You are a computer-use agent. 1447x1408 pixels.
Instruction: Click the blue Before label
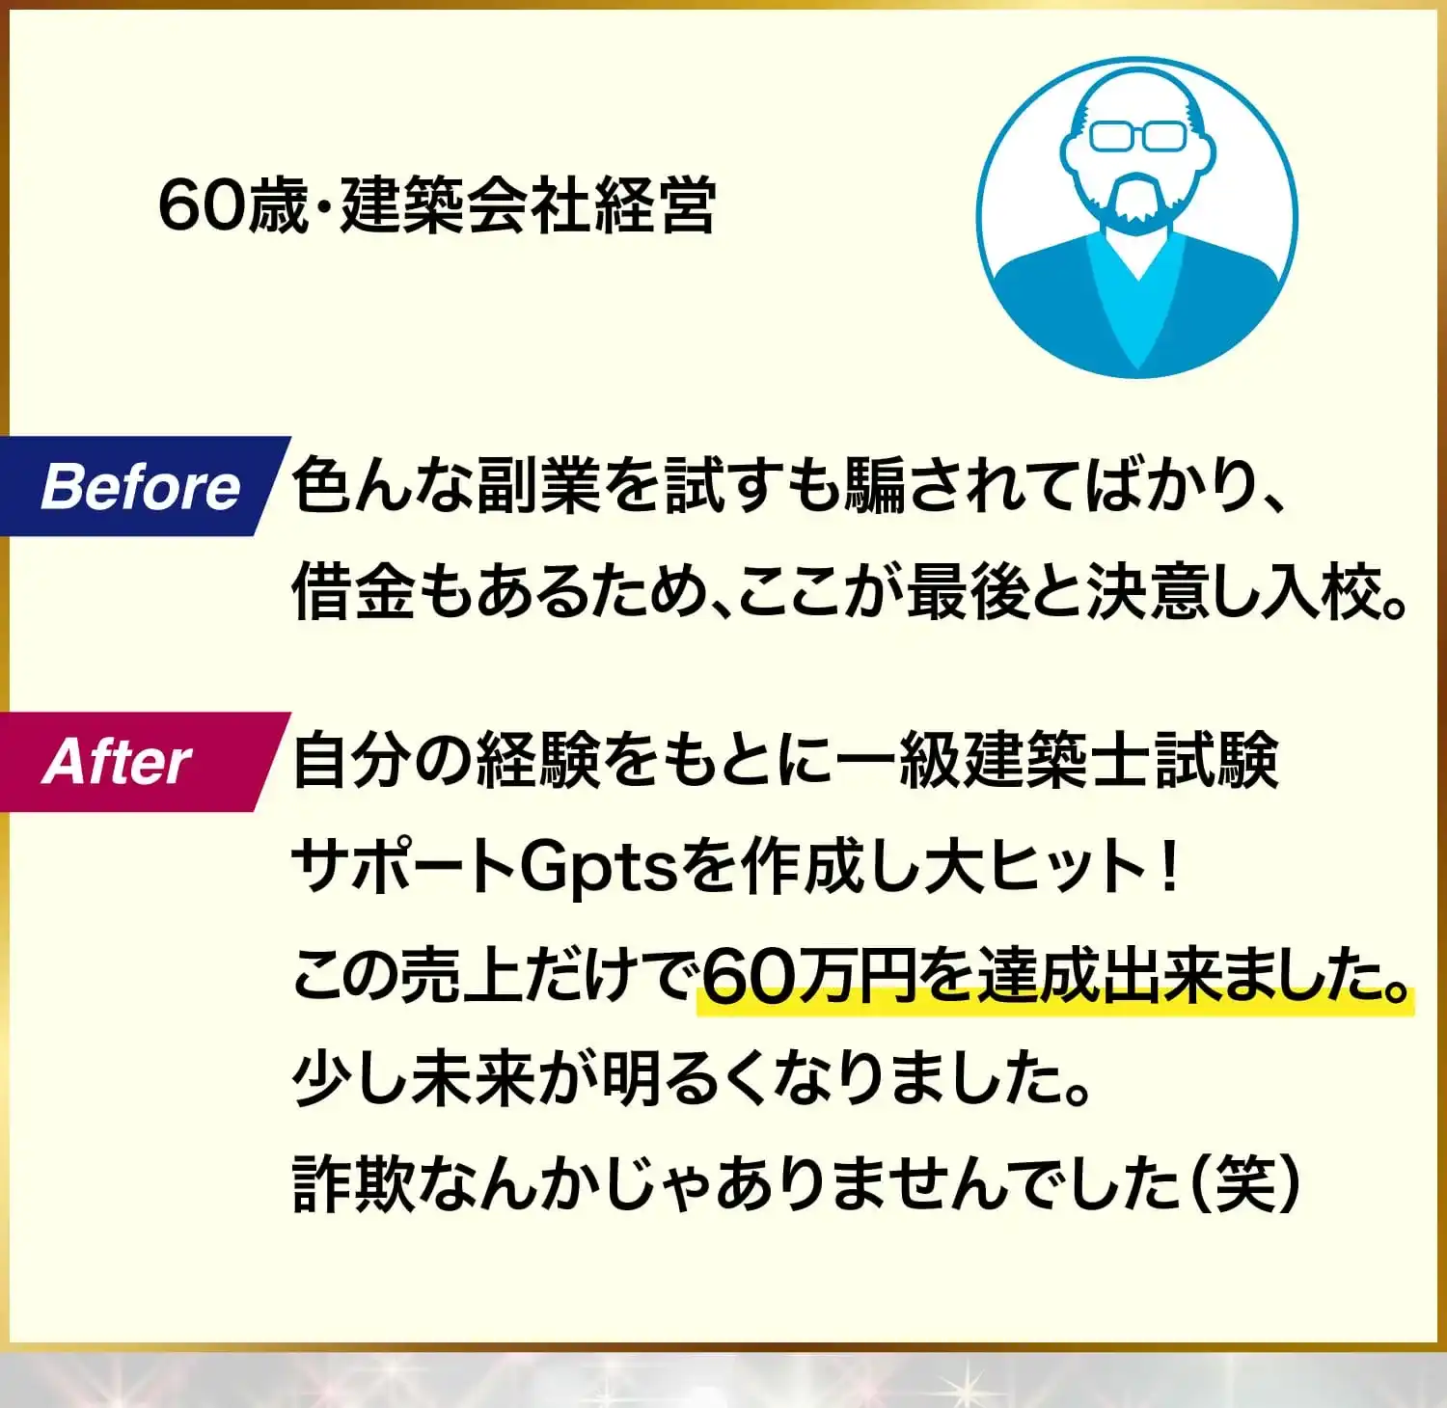coord(141,486)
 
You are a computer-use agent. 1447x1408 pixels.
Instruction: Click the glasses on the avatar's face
coord(1137,136)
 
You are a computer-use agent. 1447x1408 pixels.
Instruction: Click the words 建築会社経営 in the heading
coord(527,205)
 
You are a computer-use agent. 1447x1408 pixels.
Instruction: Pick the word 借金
coord(353,591)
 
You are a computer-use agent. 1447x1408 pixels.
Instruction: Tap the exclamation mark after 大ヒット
coord(1170,865)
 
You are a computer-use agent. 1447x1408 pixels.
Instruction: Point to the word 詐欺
coord(353,1182)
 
